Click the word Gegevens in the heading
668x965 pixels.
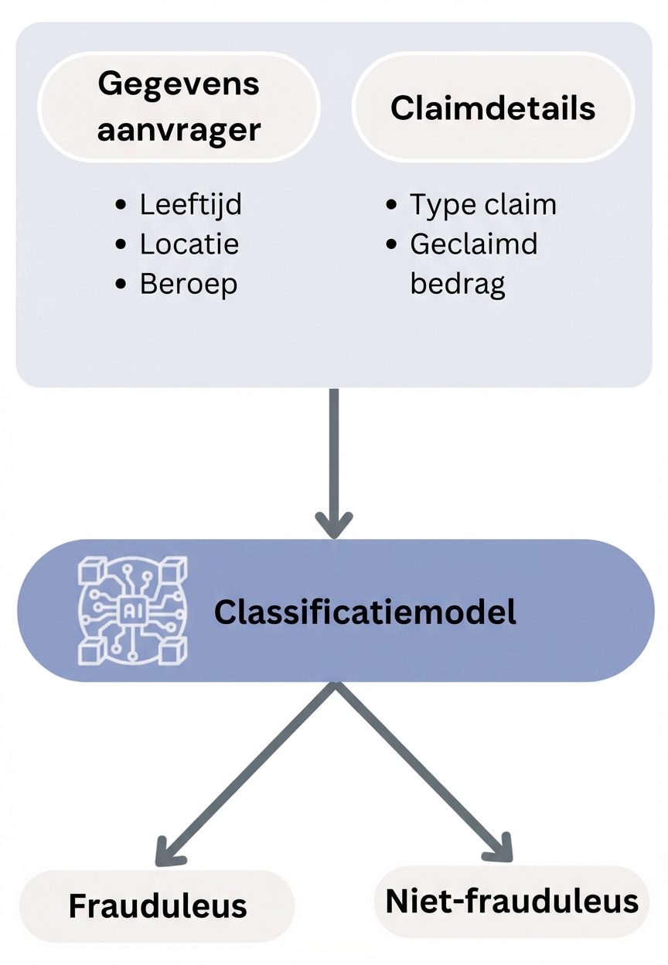click(179, 84)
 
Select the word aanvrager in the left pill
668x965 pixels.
click(179, 129)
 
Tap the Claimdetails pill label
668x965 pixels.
click(493, 108)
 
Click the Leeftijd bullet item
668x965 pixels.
click(190, 205)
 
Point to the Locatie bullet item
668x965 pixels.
click(189, 244)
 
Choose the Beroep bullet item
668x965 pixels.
click(188, 284)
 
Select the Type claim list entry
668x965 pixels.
click(482, 205)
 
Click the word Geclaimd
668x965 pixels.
click(473, 244)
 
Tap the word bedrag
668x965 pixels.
click(457, 285)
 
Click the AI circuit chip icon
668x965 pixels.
click(133, 610)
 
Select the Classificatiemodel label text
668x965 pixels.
click(365, 612)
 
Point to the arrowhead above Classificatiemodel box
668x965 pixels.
click(334, 524)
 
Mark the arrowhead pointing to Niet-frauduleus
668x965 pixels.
click(498, 847)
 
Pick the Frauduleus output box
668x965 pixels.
click(158, 906)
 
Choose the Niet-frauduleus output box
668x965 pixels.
click(512, 902)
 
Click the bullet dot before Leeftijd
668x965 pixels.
click(121, 206)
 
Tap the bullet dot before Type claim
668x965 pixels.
click(392, 206)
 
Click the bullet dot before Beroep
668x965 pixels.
click(121, 285)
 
